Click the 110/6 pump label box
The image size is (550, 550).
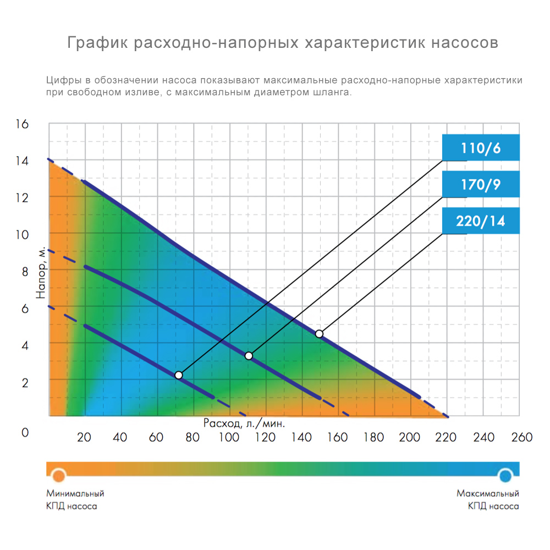tap(481, 147)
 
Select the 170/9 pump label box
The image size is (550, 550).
tap(481, 185)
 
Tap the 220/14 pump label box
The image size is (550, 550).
tap(481, 222)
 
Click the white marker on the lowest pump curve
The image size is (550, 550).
tap(178, 375)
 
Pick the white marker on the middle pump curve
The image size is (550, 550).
tap(249, 356)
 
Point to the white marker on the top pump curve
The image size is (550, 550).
tap(319, 334)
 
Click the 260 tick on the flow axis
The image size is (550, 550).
tap(521, 437)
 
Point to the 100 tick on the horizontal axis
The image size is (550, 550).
tap(228, 437)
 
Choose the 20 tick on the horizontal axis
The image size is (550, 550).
tap(84, 437)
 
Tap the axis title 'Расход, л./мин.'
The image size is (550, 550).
tap(244, 424)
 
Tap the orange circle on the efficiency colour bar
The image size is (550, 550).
tap(59, 474)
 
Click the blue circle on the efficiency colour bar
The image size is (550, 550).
tap(505, 474)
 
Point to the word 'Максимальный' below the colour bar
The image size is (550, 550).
tap(488, 493)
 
